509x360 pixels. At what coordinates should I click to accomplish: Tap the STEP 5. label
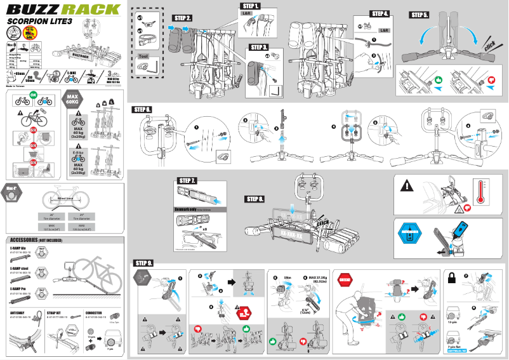click(x=420, y=15)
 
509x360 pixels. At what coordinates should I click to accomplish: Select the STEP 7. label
click(x=188, y=181)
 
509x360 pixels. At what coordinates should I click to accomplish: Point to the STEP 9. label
click(x=143, y=263)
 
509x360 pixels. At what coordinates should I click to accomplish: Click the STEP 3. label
click(x=260, y=48)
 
